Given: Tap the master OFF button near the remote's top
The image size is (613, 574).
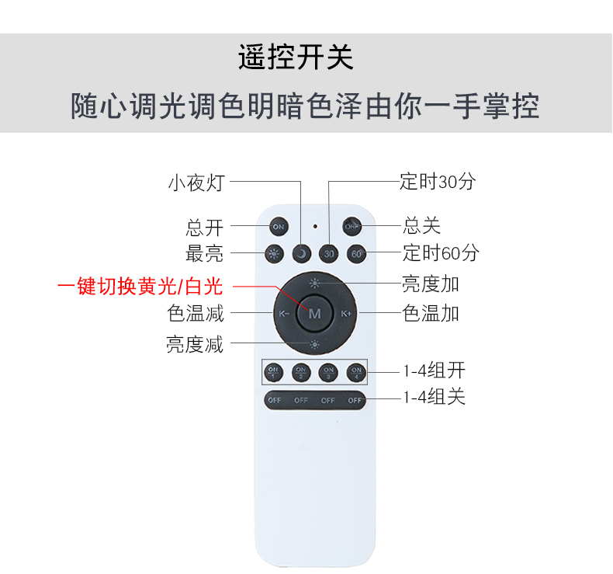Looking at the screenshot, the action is point(352,226).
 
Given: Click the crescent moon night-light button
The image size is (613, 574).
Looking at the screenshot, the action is point(301,254).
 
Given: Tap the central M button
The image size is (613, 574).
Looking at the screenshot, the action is point(315,314).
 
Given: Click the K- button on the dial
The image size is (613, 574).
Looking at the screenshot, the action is point(284,314).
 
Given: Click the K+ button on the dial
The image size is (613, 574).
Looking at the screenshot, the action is point(346,314).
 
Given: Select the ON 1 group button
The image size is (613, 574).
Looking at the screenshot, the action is point(274,372).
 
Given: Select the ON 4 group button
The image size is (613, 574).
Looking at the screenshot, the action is point(356,372).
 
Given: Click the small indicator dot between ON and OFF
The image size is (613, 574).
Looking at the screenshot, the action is point(315,226).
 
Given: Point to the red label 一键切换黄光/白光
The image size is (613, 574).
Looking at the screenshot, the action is point(140,286).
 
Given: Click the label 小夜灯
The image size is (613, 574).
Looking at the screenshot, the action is point(196,183).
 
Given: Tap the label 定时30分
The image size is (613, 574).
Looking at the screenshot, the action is point(438,182).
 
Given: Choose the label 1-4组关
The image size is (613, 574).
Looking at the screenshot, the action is point(434,397).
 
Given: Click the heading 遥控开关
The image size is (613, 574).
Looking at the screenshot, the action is point(296,57).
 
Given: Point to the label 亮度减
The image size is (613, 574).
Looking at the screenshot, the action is point(195,344).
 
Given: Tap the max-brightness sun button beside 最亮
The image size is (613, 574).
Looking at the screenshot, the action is point(274,254).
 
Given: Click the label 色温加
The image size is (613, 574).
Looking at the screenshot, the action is point(431,314).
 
